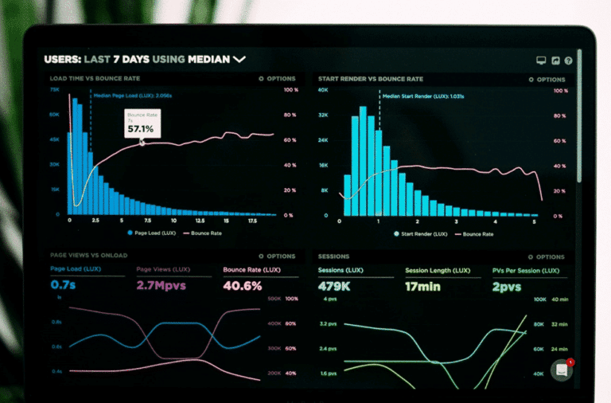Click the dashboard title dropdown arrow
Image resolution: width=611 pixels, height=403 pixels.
239,59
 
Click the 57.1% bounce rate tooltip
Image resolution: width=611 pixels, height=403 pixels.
142,123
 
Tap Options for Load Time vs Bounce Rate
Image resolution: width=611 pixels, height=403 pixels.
278,79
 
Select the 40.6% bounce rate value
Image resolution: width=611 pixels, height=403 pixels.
243,284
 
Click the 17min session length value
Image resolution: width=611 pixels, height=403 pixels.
422,285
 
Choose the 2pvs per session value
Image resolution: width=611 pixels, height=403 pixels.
506,285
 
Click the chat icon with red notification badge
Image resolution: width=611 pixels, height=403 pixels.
562,370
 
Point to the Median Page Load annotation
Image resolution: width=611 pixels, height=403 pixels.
133,95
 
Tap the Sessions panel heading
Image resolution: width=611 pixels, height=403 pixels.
333,256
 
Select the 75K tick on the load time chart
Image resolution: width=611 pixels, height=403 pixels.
55,90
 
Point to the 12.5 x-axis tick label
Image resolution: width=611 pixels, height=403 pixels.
200,221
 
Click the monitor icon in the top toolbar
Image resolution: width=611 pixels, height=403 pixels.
542,60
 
